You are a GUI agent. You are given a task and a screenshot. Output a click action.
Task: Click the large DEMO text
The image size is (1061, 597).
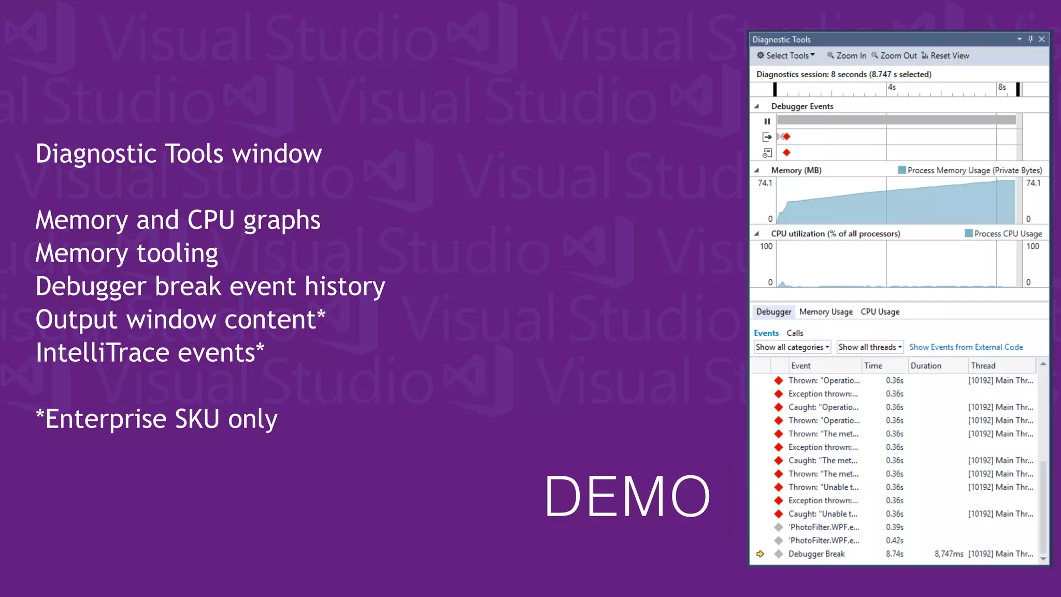[x=627, y=496]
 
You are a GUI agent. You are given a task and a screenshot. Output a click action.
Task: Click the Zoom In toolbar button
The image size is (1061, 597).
[x=847, y=55]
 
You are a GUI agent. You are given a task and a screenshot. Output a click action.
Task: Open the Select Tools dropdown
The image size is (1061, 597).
[x=786, y=55]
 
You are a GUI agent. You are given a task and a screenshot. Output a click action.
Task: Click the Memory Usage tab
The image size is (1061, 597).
[x=826, y=311]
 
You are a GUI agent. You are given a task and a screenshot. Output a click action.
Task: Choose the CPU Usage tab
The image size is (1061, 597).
[x=880, y=311]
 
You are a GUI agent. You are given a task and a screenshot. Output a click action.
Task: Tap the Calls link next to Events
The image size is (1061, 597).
[x=795, y=333]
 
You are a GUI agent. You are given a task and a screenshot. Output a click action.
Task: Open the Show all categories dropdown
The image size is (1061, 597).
[x=792, y=347]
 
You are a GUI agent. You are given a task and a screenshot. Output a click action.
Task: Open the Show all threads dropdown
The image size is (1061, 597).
[x=870, y=347]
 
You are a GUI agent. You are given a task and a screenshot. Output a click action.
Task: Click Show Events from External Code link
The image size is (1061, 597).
[x=966, y=347]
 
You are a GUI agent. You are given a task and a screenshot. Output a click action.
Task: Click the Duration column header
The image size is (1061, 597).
[x=926, y=365]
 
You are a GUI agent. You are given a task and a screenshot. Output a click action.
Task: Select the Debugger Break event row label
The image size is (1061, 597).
[x=816, y=553]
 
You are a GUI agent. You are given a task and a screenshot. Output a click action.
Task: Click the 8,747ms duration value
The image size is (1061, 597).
[x=949, y=553]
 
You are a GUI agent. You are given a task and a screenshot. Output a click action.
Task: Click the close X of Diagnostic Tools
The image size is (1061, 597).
[x=1042, y=39]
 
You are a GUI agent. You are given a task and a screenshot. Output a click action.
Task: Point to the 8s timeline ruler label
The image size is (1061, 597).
[x=1002, y=87]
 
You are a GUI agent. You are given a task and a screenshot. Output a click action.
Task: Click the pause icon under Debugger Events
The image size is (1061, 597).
[x=767, y=121]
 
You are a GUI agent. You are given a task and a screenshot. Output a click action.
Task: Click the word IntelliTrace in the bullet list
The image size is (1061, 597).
[x=102, y=353]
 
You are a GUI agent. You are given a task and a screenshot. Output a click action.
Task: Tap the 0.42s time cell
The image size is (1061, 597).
[x=894, y=540]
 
